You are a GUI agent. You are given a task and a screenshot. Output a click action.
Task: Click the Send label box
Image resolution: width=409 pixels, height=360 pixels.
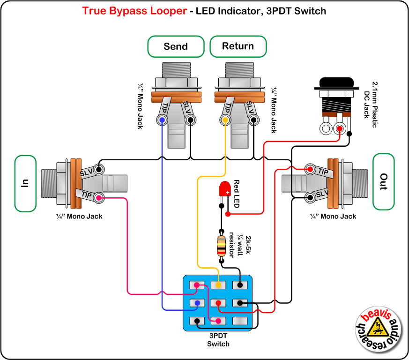click(x=176, y=46)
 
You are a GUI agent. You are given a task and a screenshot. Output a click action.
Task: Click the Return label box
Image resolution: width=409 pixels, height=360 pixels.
click(x=238, y=46)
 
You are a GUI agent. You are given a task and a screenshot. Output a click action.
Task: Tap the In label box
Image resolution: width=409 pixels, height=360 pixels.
click(x=26, y=182)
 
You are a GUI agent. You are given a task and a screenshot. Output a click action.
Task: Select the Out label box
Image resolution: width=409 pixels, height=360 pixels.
click(x=384, y=182)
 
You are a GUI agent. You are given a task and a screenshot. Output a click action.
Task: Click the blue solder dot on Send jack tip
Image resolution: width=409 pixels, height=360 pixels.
click(x=162, y=120)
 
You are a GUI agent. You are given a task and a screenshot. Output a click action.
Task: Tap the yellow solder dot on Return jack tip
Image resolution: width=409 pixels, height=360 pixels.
click(x=225, y=120)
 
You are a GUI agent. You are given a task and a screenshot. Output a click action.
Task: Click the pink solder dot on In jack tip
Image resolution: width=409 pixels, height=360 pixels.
click(x=99, y=198)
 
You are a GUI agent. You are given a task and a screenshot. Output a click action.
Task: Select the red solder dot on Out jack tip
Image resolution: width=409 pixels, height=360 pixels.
click(x=310, y=169)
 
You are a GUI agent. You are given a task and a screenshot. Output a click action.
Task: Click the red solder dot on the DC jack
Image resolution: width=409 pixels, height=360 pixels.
click(x=339, y=128)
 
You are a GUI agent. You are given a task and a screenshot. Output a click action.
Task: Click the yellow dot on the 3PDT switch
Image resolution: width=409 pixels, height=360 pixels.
click(x=218, y=285)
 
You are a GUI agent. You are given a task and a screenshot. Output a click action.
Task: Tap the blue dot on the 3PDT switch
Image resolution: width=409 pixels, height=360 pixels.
click(x=197, y=303)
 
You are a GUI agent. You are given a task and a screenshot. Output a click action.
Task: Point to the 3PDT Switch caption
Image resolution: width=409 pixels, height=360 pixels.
click(x=218, y=340)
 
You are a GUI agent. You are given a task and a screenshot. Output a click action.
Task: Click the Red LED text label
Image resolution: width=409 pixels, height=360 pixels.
click(x=236, y=194)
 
